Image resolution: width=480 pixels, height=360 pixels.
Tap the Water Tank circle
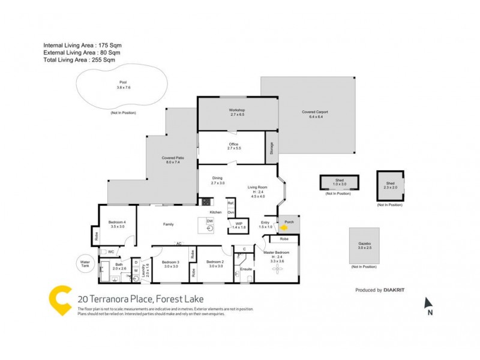(x=84, y=263)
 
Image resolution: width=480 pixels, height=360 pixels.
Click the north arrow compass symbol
(x=428, y=304)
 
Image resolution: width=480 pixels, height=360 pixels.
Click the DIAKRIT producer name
(x=394, y=290)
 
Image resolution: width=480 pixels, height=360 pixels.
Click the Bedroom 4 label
(x=118, y=224)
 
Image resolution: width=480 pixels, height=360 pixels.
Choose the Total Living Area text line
(x=79, y=60)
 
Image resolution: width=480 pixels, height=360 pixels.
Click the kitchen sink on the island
(x=209, y=228)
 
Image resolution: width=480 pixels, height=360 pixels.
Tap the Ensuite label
(x=246, y=269)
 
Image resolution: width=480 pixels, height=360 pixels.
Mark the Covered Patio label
(x=173, y=160)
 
